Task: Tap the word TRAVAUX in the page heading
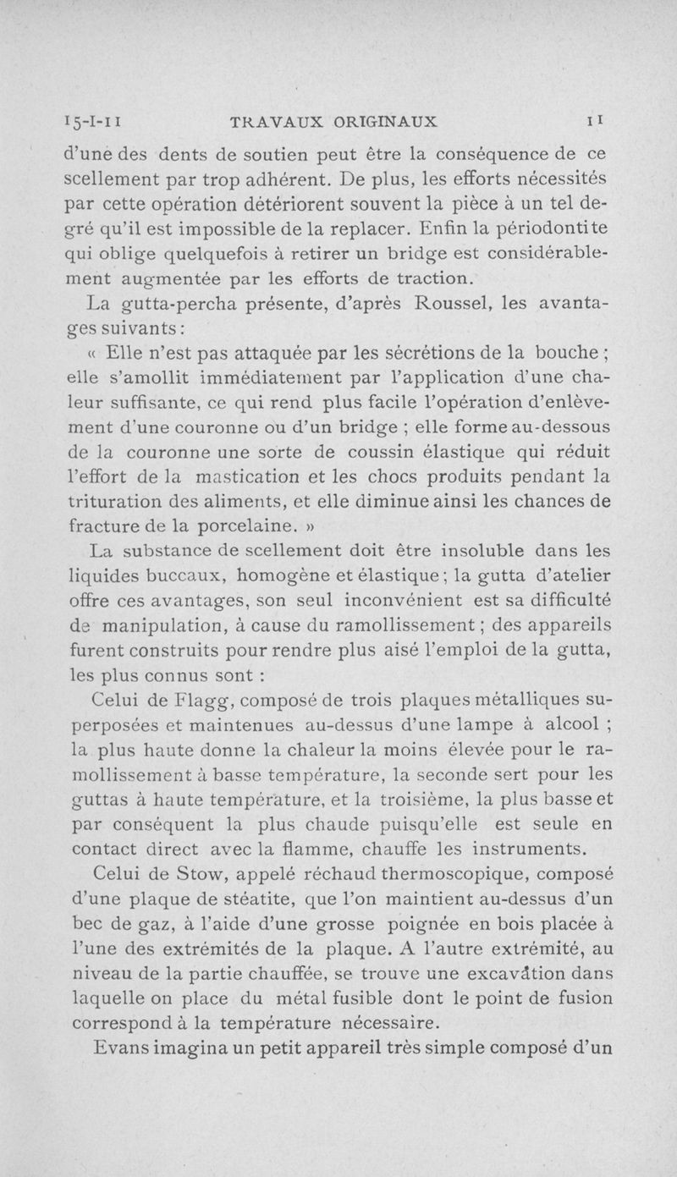[x=270, y=121]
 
